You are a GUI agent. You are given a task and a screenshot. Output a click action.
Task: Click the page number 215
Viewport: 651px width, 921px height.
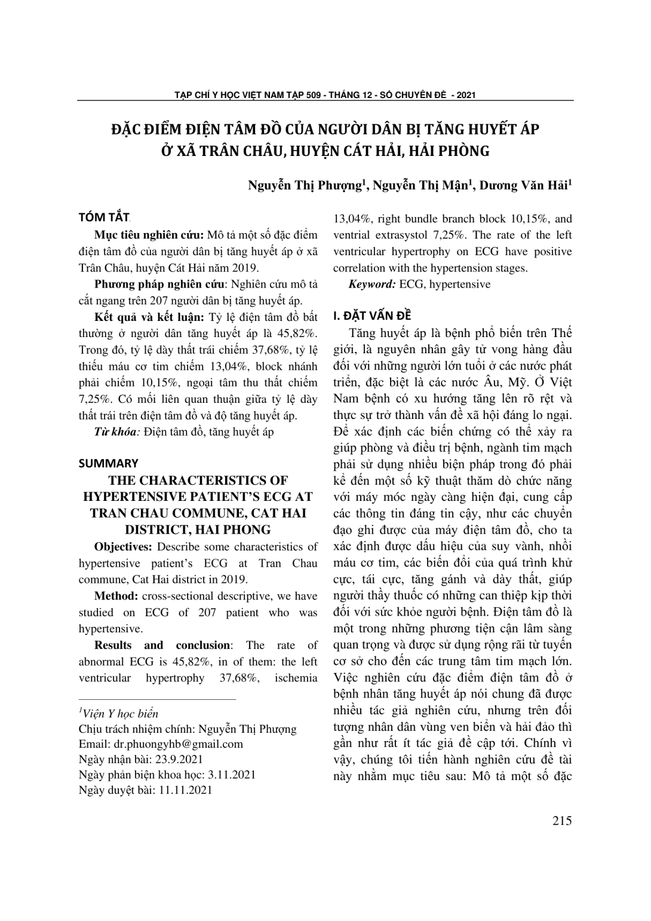(562, 821)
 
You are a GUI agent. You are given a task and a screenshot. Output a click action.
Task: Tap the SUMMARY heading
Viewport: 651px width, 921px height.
(108, 463)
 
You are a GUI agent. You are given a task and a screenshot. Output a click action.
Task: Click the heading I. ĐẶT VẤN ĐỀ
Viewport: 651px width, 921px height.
(372, 316)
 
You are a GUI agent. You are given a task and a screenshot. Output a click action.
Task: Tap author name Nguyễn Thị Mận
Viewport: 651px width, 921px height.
(421, 185)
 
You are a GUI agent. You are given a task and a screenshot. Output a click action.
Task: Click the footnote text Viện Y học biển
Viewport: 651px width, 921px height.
(119, 714)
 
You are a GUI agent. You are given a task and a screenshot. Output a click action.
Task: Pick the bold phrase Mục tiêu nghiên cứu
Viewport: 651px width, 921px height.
(149, 234)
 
